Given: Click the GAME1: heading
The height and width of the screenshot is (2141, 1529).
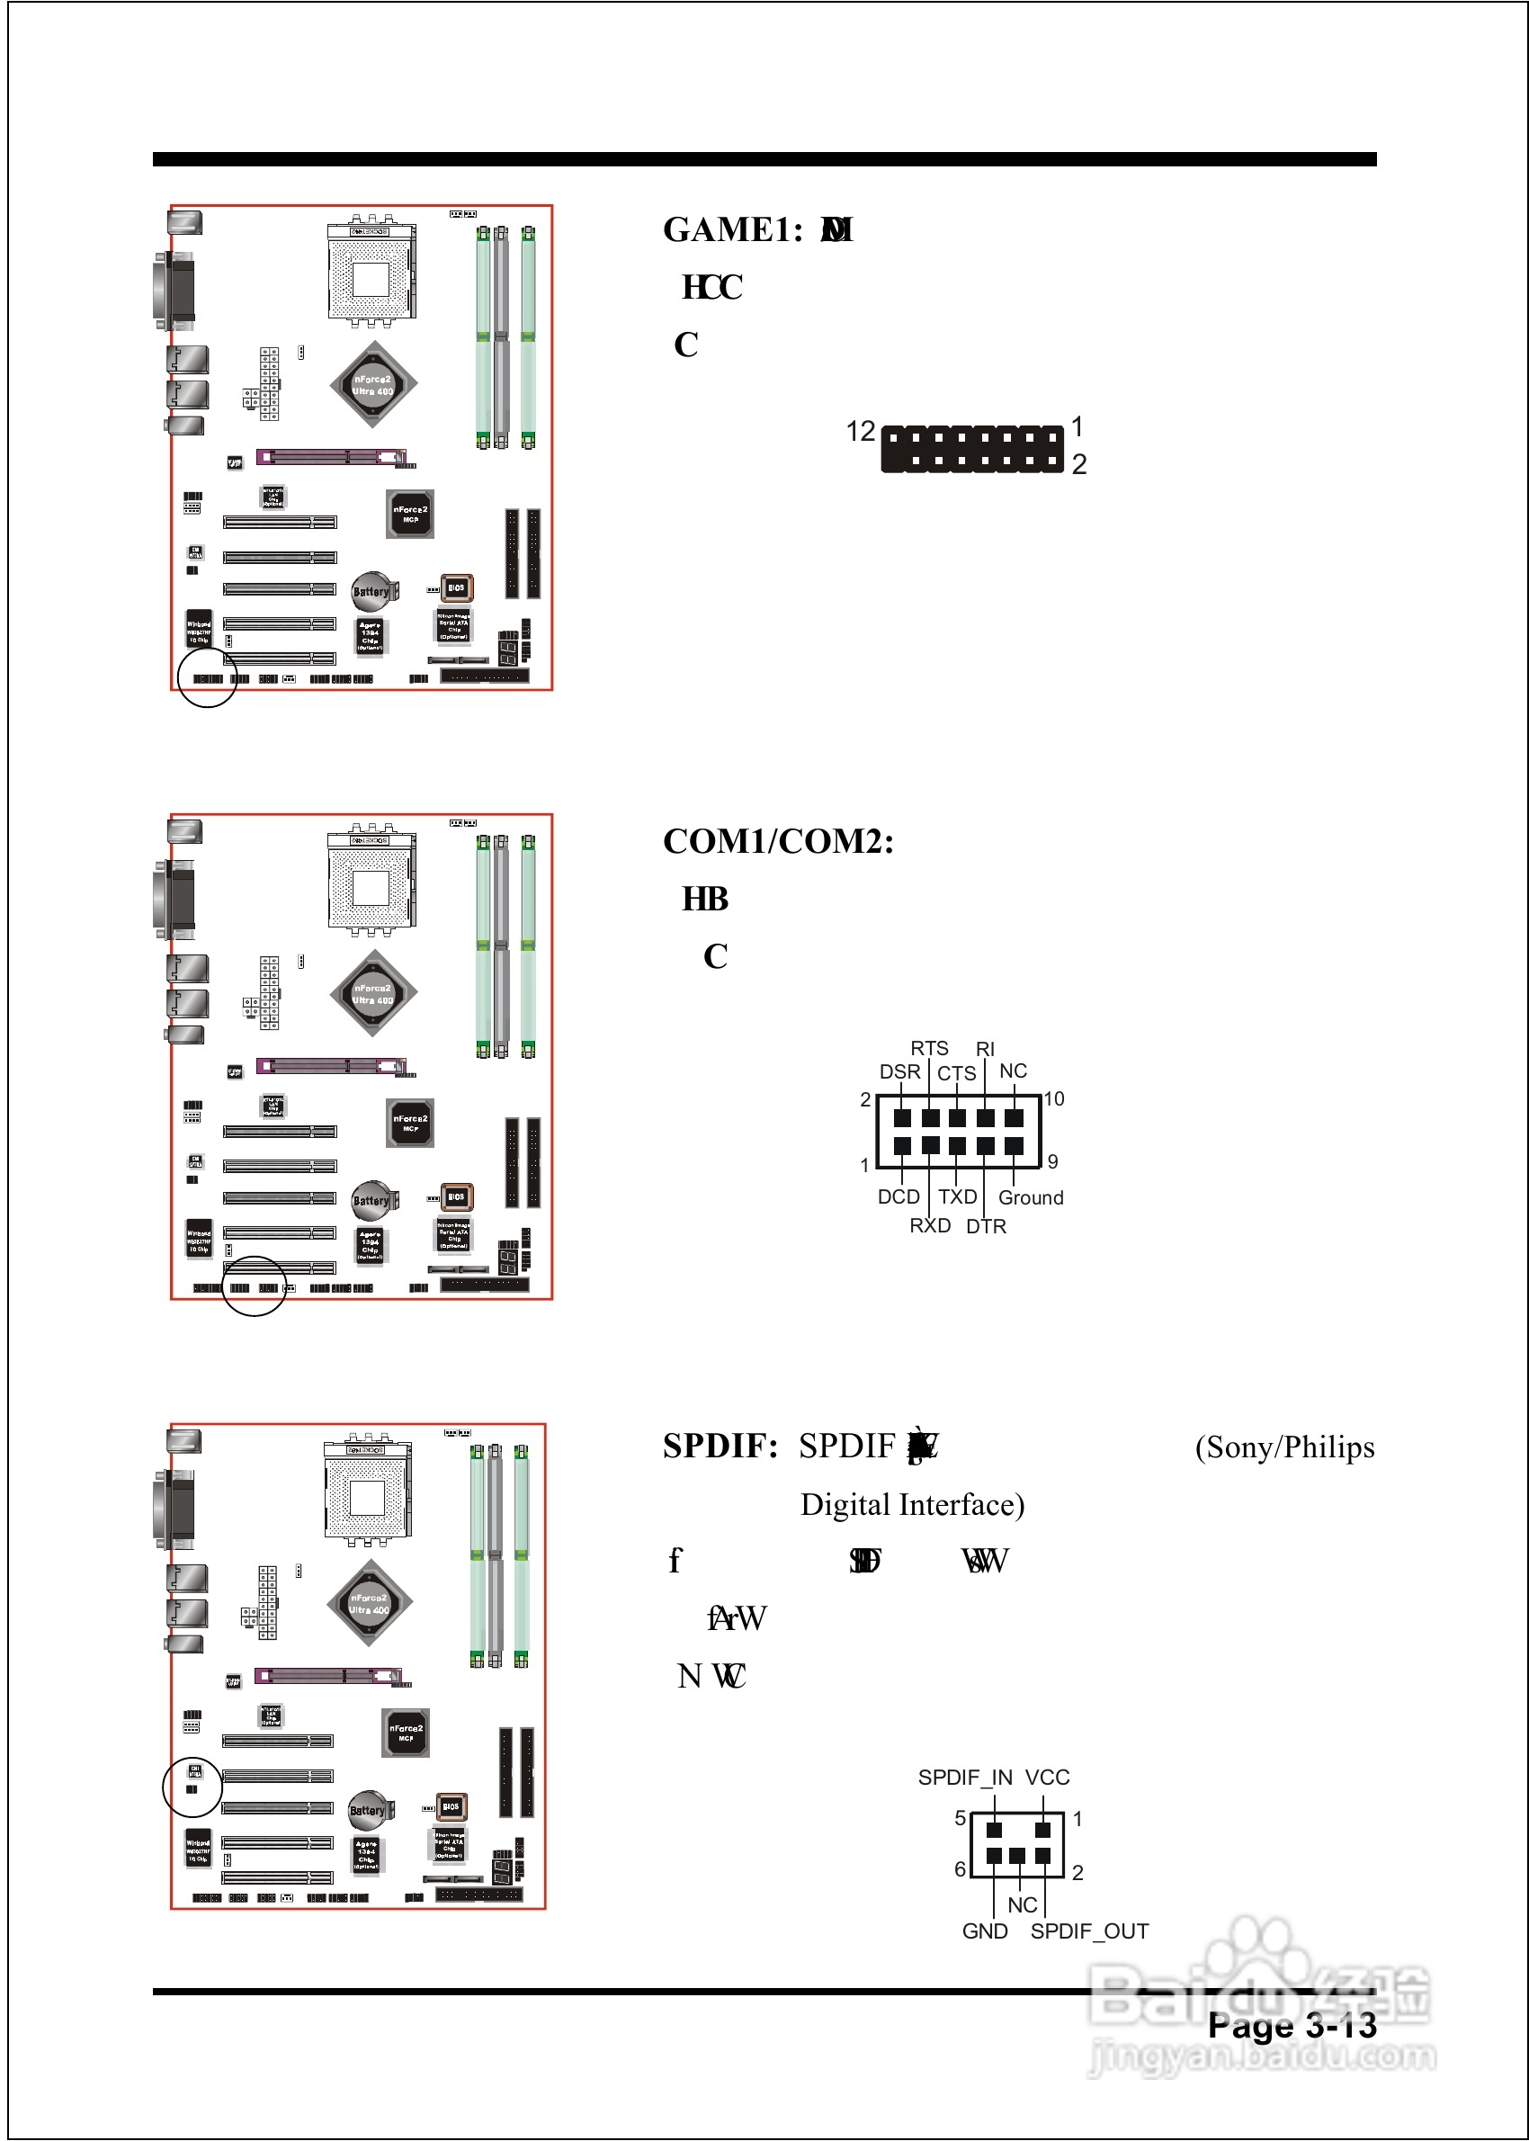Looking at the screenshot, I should (x=731, y=230).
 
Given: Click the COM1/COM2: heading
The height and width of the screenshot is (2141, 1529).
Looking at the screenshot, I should (x=778, y=842).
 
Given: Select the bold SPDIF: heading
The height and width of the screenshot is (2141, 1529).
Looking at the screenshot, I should (x=720, y=1447).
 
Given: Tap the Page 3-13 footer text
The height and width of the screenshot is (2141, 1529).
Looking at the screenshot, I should (x=1292, y=2026).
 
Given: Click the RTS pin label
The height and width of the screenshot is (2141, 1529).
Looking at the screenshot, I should (x=928, y=1049).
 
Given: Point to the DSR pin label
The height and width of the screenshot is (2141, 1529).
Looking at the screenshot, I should (x=899, y=1072).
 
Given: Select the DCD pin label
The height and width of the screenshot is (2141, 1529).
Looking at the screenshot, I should (x=899, y=1196).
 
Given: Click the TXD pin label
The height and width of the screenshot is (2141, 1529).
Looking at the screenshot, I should (x=958, y=1196).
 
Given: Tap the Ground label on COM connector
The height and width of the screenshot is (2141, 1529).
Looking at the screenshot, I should (x=1031, y=1197).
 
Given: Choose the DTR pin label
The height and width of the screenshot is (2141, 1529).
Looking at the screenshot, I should (x=986, y=1226).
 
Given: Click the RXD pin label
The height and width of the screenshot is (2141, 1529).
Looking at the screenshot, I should (x=929, y=1225).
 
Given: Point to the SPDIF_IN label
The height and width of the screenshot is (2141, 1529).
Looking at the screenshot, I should (x=965, y=1778).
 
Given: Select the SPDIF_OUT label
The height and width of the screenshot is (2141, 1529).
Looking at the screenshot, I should (x=1089, y=1931).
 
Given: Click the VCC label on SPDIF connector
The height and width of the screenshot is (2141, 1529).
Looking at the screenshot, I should (x=1047, y=1778).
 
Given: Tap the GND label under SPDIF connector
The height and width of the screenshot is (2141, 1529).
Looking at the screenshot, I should (x=985, y=1931).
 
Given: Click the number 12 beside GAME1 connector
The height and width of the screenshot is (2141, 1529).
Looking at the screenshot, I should (x=861, y=431).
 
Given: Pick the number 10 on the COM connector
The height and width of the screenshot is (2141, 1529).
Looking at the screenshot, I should (x=1053, y=1098).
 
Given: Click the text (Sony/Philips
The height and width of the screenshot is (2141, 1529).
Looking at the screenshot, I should (x=1284, y=1447).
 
